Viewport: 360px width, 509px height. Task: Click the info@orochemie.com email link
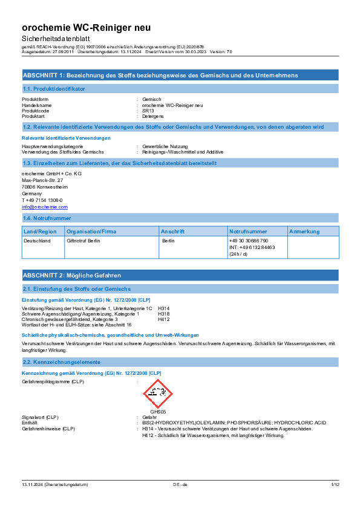click(x=45, y=207)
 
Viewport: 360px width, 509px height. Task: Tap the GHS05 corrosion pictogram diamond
click(x=158, y=394)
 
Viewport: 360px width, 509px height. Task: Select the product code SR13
click(x=148, y=111)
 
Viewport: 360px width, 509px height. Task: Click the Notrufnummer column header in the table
click(x=248, y=232)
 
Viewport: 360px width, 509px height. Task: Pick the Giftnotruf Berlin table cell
click(x=83, y=241)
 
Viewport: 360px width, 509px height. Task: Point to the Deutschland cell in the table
click(x=37, y=241)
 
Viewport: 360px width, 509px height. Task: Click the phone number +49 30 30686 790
click(x=249, y=241)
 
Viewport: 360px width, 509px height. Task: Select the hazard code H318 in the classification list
click(x=164, y=314)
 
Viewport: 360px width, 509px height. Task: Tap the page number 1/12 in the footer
click(x=335, y=485)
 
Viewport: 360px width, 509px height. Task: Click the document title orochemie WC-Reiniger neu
click(x=86, y=28)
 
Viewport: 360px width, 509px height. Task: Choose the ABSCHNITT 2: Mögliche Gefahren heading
click(x=72, y=276)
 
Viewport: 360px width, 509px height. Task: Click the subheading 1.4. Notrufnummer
click(x=47, y=218)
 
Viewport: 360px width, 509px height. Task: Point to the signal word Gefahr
click(x=149, y=417)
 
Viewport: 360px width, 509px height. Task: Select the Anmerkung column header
click(x=304, y=232)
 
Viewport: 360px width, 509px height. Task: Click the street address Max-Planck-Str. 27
click(x=42, y=180)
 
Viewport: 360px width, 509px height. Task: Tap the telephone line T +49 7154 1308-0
click(x=42, y=200)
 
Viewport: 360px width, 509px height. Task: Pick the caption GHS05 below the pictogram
click(x=158, y=412)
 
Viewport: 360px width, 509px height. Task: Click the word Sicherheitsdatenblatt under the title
click(x=56, y=39)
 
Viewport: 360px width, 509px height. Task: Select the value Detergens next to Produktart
click(x=152, y=116)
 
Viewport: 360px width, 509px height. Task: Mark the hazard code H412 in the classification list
click(x=164, y=319)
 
